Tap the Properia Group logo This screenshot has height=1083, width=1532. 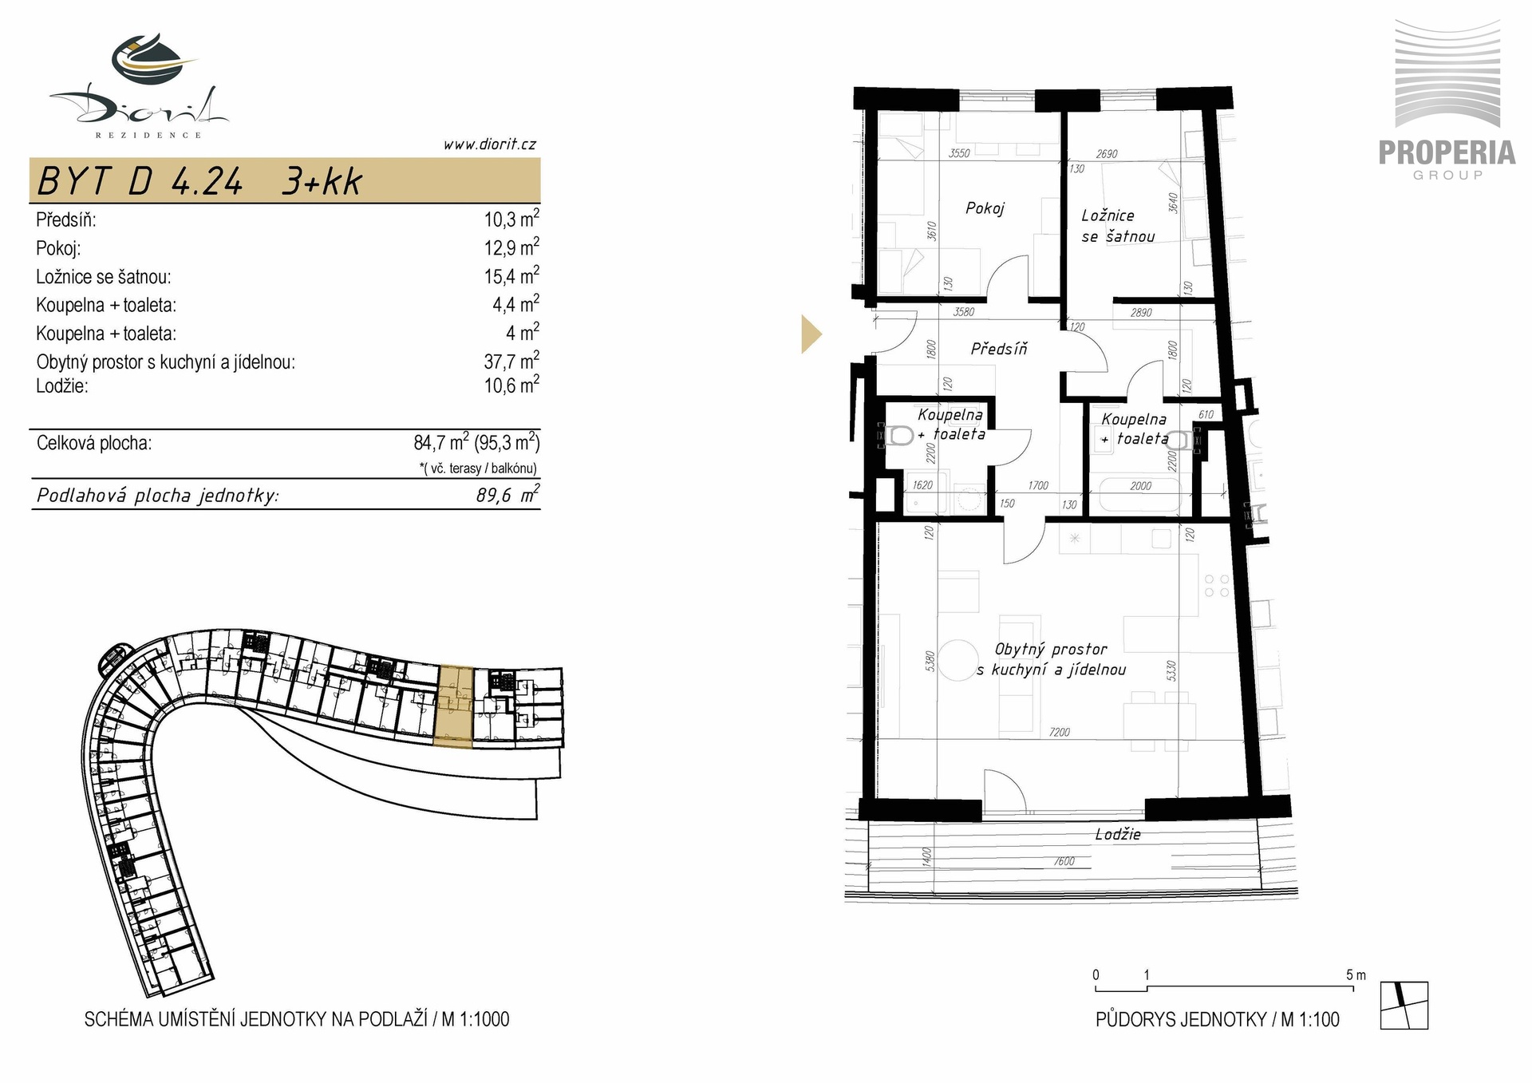tap(1447, 100)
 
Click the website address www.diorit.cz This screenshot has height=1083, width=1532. tap(489, 144)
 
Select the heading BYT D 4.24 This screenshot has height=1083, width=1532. tap(140, 182)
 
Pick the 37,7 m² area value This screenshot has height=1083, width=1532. tap(511, 361)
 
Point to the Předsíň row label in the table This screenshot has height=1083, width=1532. tap(66, 220)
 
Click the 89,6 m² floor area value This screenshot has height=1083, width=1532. tap(507, 495)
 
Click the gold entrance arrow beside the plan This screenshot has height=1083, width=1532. tap(811, 334)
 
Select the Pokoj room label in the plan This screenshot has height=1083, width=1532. tap(985, 208)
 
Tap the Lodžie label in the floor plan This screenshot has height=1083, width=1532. tap(1118, 835)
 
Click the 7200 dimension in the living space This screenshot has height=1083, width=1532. tap(1060, 732)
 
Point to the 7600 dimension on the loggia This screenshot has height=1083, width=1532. tap(1064, 861)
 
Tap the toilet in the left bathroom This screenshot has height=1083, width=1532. tap(899, 437)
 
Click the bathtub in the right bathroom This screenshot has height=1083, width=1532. tap(1139, 495)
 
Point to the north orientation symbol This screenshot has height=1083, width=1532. tap(1404, 1005)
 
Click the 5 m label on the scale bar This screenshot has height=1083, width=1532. tap(1356, 974)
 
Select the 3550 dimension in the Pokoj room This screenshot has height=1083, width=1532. tap(959, 153)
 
